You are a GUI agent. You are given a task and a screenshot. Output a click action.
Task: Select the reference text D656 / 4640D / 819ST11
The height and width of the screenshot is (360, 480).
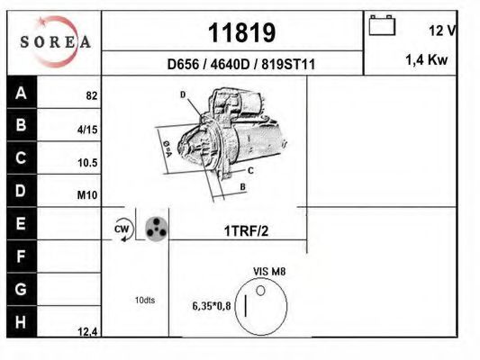240,65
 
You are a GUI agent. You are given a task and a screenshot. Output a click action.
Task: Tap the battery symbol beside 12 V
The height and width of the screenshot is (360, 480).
382,26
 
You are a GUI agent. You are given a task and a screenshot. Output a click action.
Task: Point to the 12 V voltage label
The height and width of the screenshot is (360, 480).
441,31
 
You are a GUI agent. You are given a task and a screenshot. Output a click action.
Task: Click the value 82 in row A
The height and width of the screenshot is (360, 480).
92,95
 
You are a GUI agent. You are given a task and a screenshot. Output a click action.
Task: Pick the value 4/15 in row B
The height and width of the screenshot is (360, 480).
87,130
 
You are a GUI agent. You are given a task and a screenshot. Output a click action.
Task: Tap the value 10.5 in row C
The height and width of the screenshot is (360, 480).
86,163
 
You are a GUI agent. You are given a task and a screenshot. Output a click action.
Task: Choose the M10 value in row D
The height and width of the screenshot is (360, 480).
87,195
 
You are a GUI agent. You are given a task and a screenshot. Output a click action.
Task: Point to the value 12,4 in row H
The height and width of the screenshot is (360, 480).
87,332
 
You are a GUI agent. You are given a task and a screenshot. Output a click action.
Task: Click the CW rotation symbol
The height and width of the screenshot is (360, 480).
122,230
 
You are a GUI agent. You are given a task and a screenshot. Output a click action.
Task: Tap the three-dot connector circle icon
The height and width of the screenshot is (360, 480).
156,228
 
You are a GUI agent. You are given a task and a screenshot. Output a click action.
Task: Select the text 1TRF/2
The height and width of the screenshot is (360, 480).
246,230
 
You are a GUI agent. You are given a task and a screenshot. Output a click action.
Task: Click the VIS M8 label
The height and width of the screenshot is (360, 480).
269,270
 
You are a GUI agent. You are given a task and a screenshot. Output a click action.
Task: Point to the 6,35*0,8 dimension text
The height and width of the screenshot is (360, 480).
211,306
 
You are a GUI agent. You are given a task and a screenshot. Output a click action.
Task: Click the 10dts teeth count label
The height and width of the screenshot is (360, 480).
144,300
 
